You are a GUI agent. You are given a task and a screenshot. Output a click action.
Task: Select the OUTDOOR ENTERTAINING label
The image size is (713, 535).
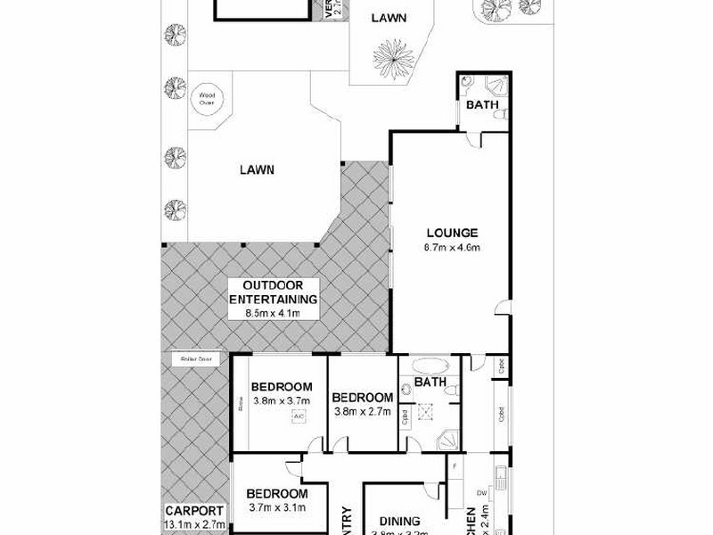pyautogui.click(x=274, y=292)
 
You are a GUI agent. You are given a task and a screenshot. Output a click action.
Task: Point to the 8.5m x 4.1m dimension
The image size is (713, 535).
pyautogui.click(x=274, y=313)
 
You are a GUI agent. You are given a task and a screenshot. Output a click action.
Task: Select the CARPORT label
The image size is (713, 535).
pyautogui.click(x=193, y=512)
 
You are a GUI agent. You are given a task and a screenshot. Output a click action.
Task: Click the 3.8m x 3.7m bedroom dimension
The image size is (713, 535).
pyautogui.click(x=281, y=399)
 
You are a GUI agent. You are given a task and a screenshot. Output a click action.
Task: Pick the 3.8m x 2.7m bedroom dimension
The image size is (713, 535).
pyautogui.click(x=362, y=411)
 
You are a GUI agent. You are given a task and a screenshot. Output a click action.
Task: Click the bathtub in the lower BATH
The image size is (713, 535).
pyautogui.click(x=430, y=366)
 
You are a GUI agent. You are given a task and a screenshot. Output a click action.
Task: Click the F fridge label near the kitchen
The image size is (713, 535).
pyautogui.click(x=455, y=465)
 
